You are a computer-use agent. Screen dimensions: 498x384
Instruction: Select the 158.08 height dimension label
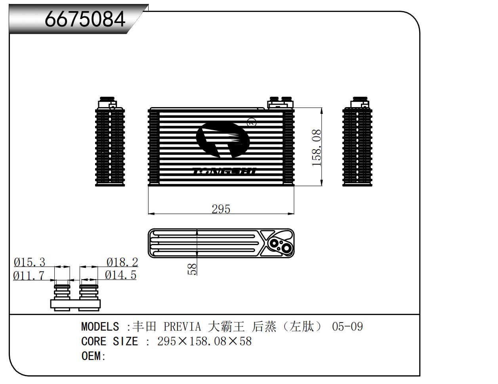(317, 148)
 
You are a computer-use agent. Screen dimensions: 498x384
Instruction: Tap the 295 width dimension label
(221, 209)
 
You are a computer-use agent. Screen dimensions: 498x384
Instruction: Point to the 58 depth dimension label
(192, 269)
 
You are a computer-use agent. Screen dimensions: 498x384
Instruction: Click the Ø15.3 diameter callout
(30, 262)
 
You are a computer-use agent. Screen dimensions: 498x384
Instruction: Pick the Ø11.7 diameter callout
(29, 275)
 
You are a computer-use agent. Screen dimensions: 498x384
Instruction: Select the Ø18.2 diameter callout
(122, 262)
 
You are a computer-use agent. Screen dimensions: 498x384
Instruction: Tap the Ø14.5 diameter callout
(121, 275)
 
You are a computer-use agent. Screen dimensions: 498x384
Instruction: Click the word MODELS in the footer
(100, 326)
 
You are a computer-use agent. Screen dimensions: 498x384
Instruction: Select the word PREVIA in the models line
(182, 326)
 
